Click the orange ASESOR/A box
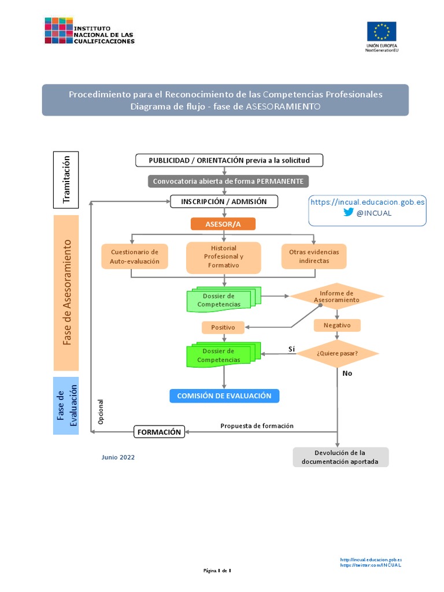pyautogui.click(x=223, y=224)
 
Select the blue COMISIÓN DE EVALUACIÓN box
pyautogui.click(x=224, y=396)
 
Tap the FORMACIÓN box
pyautogui.click(x=160, y=432)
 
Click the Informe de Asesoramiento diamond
pyautogui.click(x=336, y=297)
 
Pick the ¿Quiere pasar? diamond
pyautogui.click(x=338, y=353)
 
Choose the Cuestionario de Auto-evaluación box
pyautogui.click(x=135, y=257)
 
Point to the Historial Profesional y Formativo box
pyautogui.click(x=224, y=257)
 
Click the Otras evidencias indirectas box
pyautogui.click(x=314, y=257)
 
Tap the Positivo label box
pyautogui.click(x=223, y=327)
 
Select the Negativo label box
pyautogui.click(x=337, y=325)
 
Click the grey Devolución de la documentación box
pyautogui.click(x=341, y=457)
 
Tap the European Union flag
pyautogui.click(x=382, y=32)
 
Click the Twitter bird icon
pyautogui.click(x=349, y=212)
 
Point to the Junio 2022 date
pyautogui.click(x=118, y=457)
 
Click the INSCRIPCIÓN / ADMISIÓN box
pyautogui.click(x=224, y=202)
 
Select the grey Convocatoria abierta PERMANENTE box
pyautogui.click(x=228, y=181)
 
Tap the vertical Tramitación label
pyautogui.click(x=66, y=179)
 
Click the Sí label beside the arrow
pyautogui.click(x=292, y=349)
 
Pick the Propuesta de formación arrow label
pyautogui.click(x=257, y=425)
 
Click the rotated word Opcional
pyautogui.click(x=101, y=412)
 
